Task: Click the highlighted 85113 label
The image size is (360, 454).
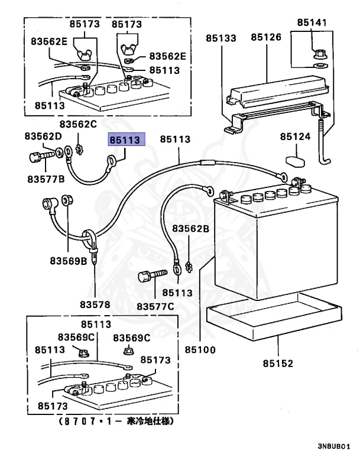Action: coord(123,140)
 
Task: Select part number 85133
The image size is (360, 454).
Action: coord(221,38)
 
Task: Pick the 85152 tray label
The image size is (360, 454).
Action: coord(278,364)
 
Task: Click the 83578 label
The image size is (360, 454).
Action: coord(95,305)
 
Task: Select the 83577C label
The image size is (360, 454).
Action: coord(155,306)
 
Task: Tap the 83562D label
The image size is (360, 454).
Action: coord(43,137)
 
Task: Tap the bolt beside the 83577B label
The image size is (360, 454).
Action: coord(38,157)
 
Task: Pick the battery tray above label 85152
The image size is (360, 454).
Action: coord(275,319)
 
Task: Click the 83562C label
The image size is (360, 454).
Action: coord(77,124)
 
